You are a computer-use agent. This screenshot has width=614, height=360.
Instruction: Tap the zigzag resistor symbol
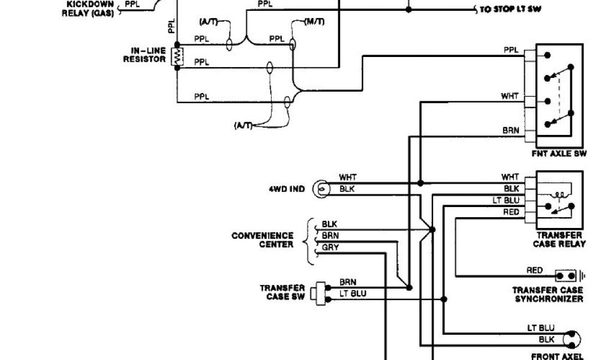(x=177, y=56)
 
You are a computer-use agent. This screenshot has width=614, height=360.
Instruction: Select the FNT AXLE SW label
(x=559, y=154)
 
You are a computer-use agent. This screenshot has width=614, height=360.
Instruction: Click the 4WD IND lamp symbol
(x=323, y=189)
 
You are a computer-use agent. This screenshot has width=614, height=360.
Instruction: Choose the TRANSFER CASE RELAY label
(x=559, y=239)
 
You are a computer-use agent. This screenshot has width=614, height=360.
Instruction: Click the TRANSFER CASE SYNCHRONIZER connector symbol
(x=567, y=276)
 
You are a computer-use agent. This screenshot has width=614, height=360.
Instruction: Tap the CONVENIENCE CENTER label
(x=263, y=240)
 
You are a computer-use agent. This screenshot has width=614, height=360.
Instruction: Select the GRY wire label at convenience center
(x=330, y=247)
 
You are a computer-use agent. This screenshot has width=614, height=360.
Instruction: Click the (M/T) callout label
(x=314, y=22)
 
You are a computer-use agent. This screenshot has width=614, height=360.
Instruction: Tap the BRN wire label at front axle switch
(x=510, y=130)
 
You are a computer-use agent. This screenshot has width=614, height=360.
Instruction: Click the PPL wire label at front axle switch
(x=511, y=50)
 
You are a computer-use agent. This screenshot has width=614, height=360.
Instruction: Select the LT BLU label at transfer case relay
(x=507, y=200)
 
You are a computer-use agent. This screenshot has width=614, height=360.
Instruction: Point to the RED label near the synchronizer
(x=534, y=271)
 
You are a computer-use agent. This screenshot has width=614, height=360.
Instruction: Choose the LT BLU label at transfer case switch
(x=353, y=293)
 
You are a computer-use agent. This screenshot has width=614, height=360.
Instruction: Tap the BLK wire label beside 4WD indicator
(x=347, y=188)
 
